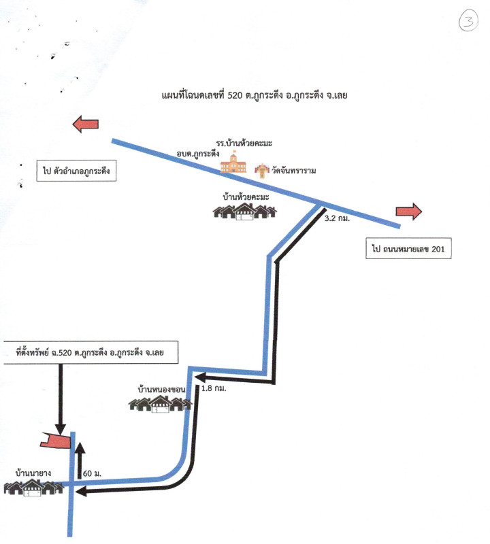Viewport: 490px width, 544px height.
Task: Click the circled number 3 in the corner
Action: tap(468, 21)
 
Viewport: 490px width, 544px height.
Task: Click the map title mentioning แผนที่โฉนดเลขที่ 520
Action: tap(255, 96)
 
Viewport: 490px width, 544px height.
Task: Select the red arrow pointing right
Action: tap(409, 211)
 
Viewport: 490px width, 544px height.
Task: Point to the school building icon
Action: tap(238, 163)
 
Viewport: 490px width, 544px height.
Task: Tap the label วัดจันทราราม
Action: tap(295, 170)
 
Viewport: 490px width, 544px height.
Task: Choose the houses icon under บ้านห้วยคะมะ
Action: tap(245, 211)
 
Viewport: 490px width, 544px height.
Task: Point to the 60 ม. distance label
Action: tap(92, 472)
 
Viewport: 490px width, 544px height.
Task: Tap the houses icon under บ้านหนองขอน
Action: tap(160, 404)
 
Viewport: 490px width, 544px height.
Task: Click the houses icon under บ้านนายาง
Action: tap(33, 487)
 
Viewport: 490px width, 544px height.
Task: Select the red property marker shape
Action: tap(56, 441)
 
